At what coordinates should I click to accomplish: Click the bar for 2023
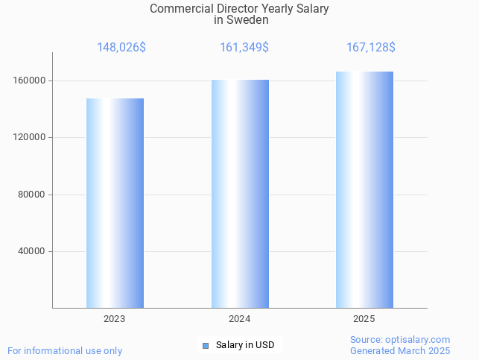click(x=115, y=203)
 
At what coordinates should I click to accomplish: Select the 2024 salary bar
click(x=240, y=194)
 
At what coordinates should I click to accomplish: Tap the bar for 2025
click(x=364, y=189)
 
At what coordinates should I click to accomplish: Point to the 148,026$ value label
click(x=121, y=48)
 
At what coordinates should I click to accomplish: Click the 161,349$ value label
click(x=244, y=48)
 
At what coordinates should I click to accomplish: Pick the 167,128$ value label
click(x=370, y=48)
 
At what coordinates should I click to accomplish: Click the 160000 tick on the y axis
click(x=31, y=80)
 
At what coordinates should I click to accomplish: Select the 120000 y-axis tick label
click(x=31, y=137)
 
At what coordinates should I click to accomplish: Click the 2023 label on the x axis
click(x=115, y=319)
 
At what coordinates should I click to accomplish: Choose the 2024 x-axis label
click(x=239, y=319)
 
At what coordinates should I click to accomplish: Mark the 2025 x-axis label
click(x=364, y=319)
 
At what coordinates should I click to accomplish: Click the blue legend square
click(x=206, y=346)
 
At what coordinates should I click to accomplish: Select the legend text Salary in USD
click(x=245, y=345)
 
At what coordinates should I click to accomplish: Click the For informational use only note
click(x=65, y=350)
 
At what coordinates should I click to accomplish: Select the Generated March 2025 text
click(x=400, y=350)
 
